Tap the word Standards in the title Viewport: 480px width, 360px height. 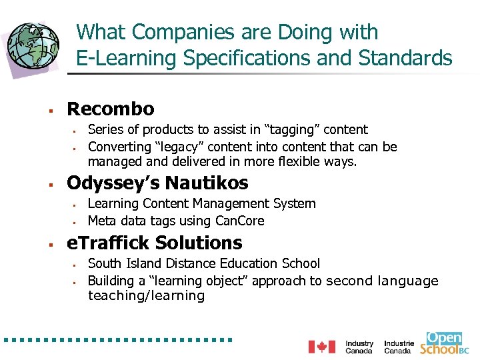[x=405, y=59]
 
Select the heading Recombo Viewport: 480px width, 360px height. [x=111, y=109]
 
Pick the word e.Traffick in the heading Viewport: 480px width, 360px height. [x=107, y=243]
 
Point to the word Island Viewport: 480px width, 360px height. [x=142, y=264]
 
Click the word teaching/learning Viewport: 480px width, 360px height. [x=146, y=296]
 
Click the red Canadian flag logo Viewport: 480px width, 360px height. [x=321, y=347]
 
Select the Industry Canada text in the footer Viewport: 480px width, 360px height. [x=359, y=347]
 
